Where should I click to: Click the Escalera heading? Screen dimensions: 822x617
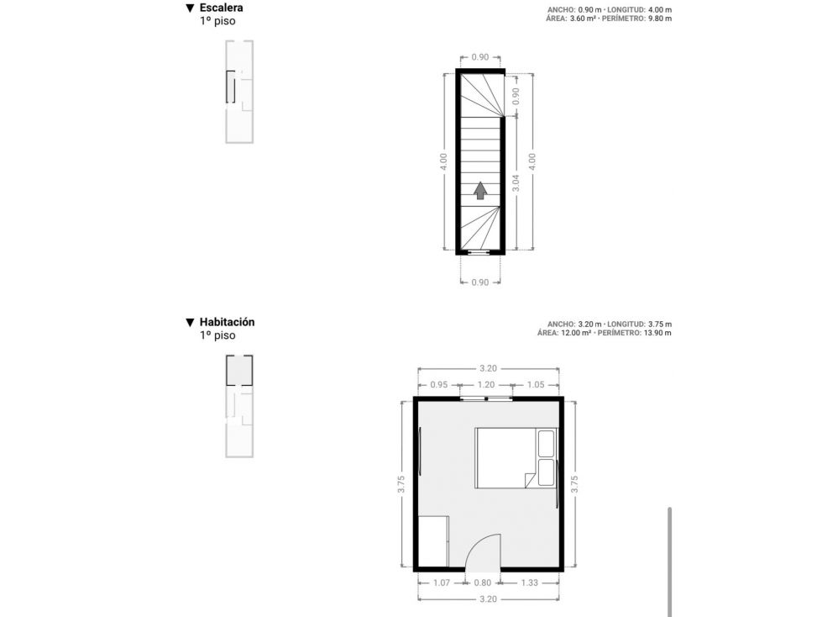[221, 8]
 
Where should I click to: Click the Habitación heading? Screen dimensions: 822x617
[227, 322]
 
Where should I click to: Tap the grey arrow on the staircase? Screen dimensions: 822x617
[480, 191]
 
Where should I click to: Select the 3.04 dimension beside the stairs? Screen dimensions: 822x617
[516, 182]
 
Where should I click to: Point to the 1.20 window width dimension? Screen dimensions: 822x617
[486, 385]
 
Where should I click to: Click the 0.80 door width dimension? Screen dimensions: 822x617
[483, 583]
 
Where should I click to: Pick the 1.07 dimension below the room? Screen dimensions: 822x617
[442, 583]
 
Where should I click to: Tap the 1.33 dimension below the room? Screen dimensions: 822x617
[530, 583]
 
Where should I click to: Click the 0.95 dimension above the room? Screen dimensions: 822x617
[439, 385]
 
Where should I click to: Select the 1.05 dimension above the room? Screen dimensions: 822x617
[536, 385]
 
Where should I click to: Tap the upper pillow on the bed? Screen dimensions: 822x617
[547, 444]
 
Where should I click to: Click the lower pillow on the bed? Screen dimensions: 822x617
[547, 472]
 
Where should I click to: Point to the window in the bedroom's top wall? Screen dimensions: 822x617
[486, 398]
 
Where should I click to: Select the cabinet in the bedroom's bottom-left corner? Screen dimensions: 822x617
[433, 541]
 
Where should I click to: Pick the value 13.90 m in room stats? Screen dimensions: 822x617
[657, 333]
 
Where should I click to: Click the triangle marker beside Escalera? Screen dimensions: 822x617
[191, 8]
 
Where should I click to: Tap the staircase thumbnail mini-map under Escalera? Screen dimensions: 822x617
[239, 92]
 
